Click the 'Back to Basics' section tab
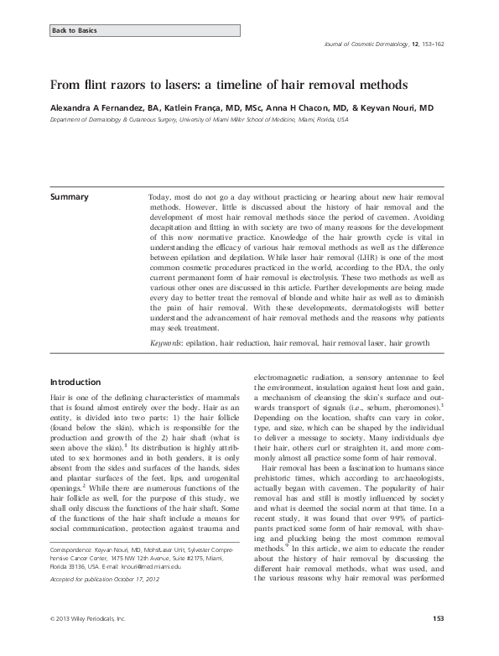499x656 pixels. point(75,30)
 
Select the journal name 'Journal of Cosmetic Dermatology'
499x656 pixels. point(367,53)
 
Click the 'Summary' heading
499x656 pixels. point(70,197)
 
